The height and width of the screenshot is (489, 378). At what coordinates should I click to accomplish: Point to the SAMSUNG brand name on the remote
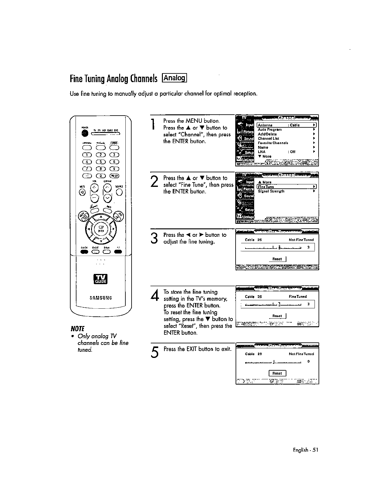[x=101, y=298]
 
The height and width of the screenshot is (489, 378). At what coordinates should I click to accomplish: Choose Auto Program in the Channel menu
[x=270, y=130]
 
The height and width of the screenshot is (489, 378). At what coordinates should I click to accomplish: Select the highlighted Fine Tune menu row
[x=287, y=187]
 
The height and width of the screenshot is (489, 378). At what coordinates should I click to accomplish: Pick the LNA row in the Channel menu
[x=262, y=152]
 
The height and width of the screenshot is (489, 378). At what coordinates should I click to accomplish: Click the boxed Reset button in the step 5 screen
[x=277, y=373]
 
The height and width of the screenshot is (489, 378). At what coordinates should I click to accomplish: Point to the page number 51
[x=315, y=450]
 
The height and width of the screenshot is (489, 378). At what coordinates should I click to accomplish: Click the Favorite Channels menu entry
[x=273, y=143]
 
